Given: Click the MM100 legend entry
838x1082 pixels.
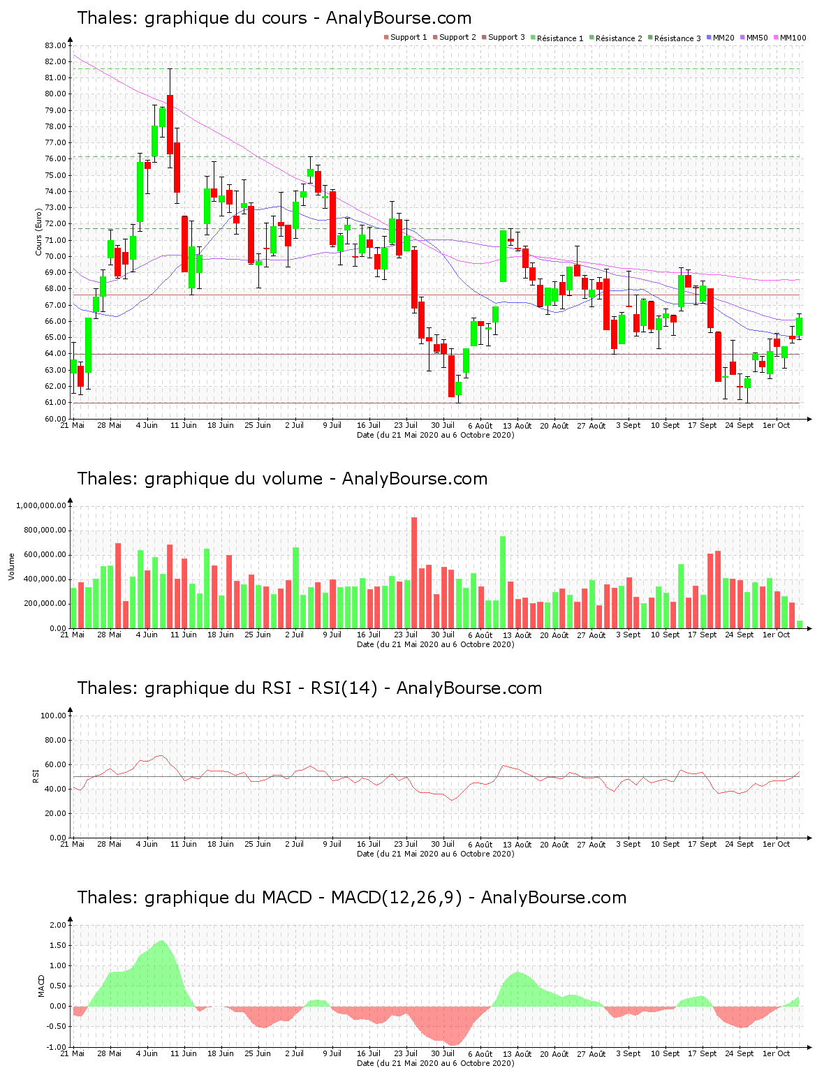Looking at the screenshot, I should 791,38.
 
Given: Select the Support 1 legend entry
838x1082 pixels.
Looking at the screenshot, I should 409,38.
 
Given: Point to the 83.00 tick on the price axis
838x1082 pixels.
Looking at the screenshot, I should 55,45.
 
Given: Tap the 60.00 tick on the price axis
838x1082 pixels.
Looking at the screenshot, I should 55,419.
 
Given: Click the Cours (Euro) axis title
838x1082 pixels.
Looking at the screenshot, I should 39,232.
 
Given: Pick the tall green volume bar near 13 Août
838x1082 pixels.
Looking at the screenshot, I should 503,581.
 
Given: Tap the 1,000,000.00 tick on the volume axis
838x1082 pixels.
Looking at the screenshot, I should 41,505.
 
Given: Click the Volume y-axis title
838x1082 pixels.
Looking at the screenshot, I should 11,566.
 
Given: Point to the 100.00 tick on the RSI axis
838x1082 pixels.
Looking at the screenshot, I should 53,716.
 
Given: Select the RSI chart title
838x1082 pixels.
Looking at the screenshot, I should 309,688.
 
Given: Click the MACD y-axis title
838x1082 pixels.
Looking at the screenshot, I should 41,986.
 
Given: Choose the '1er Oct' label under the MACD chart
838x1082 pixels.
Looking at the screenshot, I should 776,1053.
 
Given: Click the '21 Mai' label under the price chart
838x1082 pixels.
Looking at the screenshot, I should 73,425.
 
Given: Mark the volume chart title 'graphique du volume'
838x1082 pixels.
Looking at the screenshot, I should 282,479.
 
